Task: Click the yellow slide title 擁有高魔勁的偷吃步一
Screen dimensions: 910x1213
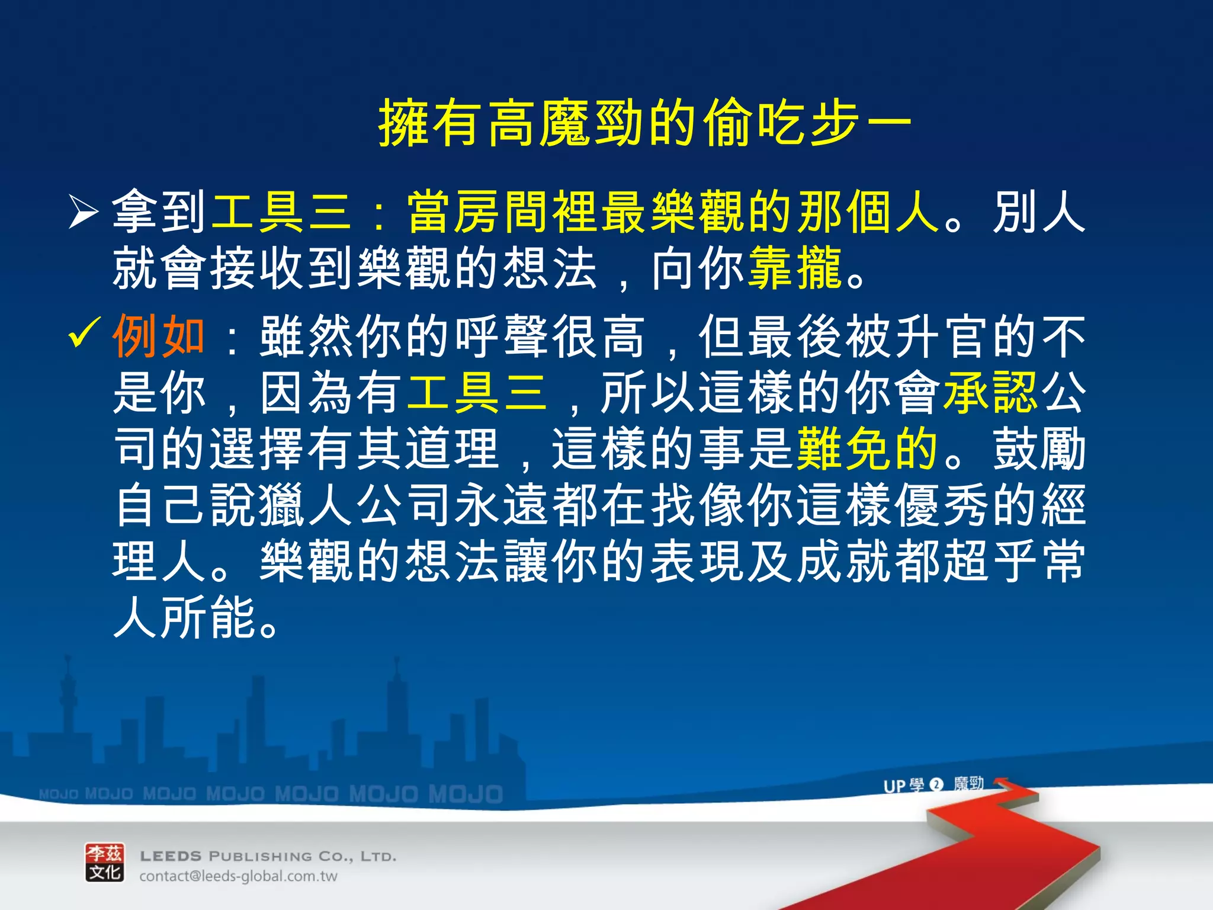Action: point(644,123)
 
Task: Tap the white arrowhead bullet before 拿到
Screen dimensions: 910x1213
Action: point(82,212)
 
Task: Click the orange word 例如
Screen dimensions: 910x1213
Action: point(159,337)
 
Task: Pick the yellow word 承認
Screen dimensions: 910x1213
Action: point(990,392)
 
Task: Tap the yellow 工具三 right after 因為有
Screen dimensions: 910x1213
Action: point(477,392)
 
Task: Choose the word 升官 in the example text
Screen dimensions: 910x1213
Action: point(942,337)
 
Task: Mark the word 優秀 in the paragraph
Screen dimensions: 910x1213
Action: point(942,505)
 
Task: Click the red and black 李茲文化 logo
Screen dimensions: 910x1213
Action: point(105,863)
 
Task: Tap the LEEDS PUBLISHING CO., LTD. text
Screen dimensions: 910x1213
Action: point(268,856)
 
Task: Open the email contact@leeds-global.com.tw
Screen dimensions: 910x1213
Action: point(238,876)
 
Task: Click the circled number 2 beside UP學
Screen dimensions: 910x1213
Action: point(936,785)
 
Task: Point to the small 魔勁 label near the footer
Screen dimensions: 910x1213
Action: point(968,784)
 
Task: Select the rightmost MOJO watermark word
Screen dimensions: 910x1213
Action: point(466,794)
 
